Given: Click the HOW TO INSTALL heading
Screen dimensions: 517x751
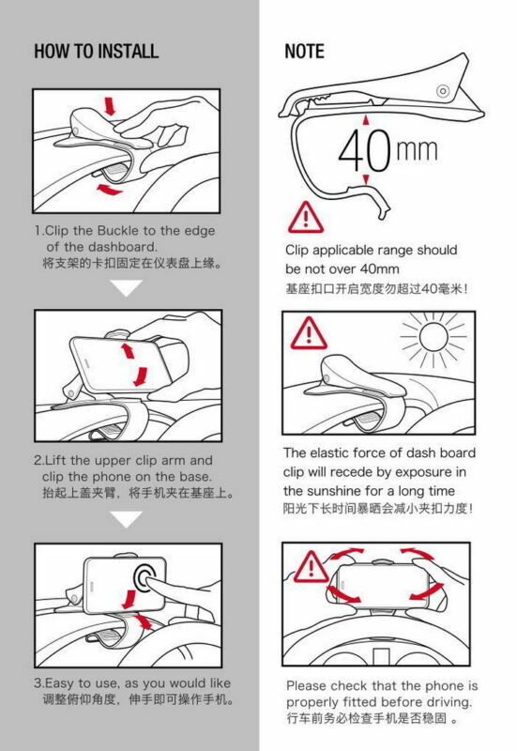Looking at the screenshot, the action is click(97, 52).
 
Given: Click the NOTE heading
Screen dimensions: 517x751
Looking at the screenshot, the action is click(304, 52).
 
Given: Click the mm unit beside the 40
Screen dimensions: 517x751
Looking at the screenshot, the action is click(417, 150).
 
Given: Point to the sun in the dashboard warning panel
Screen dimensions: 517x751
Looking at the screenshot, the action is click(433, 337).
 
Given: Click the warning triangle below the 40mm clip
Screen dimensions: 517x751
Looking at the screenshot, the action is click(306, 218).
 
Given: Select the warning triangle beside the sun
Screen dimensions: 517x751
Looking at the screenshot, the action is click(309, 333).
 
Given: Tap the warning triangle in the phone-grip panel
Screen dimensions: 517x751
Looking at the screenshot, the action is click(312, 567).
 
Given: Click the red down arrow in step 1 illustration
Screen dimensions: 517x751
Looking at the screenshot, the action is click(110, 106).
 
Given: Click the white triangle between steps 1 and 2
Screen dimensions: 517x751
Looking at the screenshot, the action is click(126, 288).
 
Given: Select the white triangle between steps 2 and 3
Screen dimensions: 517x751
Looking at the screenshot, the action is click(126, 519).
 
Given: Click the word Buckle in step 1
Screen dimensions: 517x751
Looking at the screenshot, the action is click(118, 231).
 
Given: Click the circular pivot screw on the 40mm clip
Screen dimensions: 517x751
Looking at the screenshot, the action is click(443, 90).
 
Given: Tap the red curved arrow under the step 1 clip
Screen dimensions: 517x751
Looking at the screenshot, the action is click(110, 190).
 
